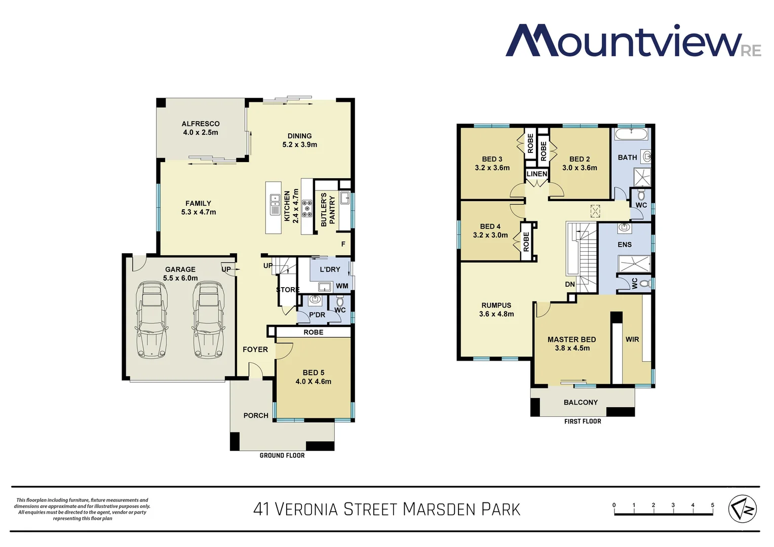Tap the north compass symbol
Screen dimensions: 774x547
tap(743, 509)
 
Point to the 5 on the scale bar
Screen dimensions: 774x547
tap(713, 505)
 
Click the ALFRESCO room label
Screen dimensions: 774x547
tap(201, 124)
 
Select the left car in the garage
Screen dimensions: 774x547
tap(151, 319)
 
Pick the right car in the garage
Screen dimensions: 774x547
tap(208, 319)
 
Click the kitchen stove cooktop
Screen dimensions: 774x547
tap(307, 208)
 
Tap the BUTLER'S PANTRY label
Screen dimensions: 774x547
tap(328, 210)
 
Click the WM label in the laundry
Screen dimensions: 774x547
tap(342, 286)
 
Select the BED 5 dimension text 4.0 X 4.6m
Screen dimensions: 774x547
tap(314, 381)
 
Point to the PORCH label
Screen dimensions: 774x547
tap(256, 415)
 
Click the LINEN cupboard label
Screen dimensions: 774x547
tap(537, 174)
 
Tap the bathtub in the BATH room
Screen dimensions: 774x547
tap(632, 134)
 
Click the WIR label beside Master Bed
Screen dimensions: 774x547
tap(632, 339)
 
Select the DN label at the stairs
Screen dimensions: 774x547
tap(570, 284)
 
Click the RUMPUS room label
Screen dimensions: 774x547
tap(496, 305)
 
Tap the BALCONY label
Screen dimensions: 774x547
tap(580, 402)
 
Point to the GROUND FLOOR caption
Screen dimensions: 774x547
tap(282, 455)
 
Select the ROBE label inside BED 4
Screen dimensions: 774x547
tap(526, 242)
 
